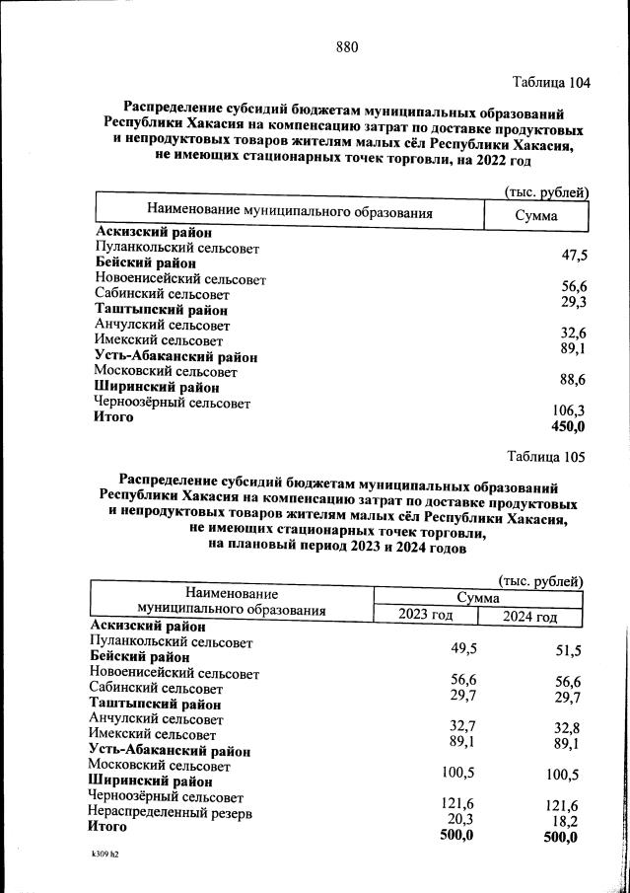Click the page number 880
coord(346,46)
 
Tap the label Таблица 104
coord(551,83)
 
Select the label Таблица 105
coord(546,457)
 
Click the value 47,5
coord(574,256)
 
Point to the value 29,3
coord(574,301)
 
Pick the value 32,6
coord(574,333)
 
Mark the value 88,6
coord(573,380)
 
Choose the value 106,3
coord(569,410)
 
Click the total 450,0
coord(568,426)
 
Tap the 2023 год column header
coord(425,617)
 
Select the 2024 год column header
coord(530,618)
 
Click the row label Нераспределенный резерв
coord(171,814)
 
